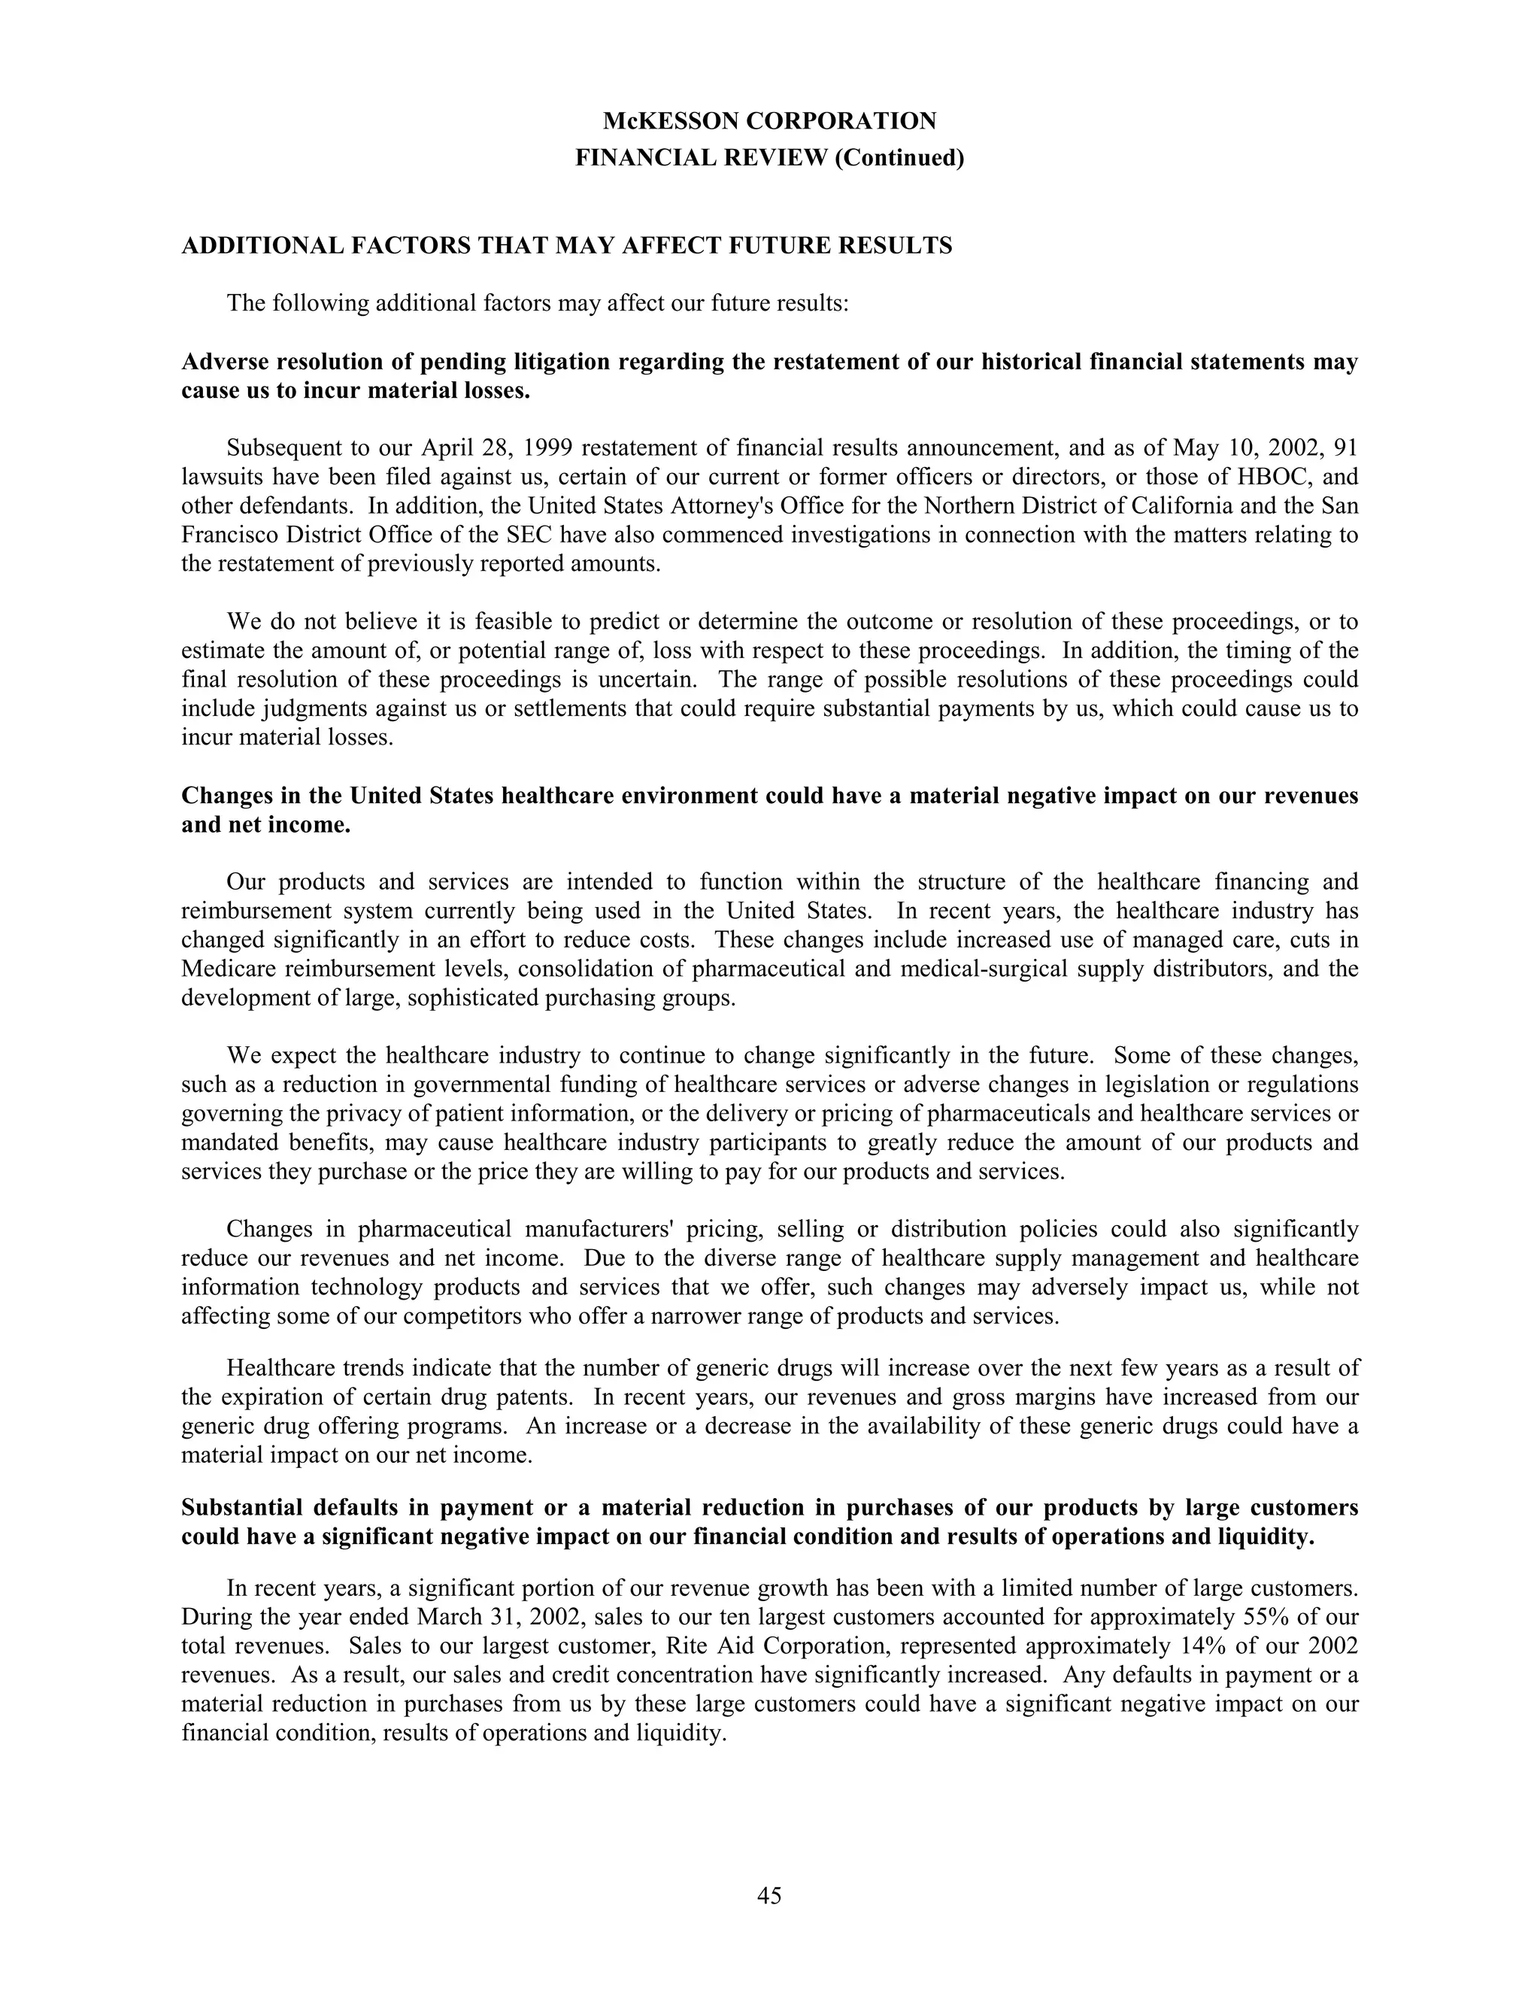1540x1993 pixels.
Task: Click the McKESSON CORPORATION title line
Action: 769,121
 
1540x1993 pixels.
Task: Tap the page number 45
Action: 769,1895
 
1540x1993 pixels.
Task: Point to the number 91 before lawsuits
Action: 1346,448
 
